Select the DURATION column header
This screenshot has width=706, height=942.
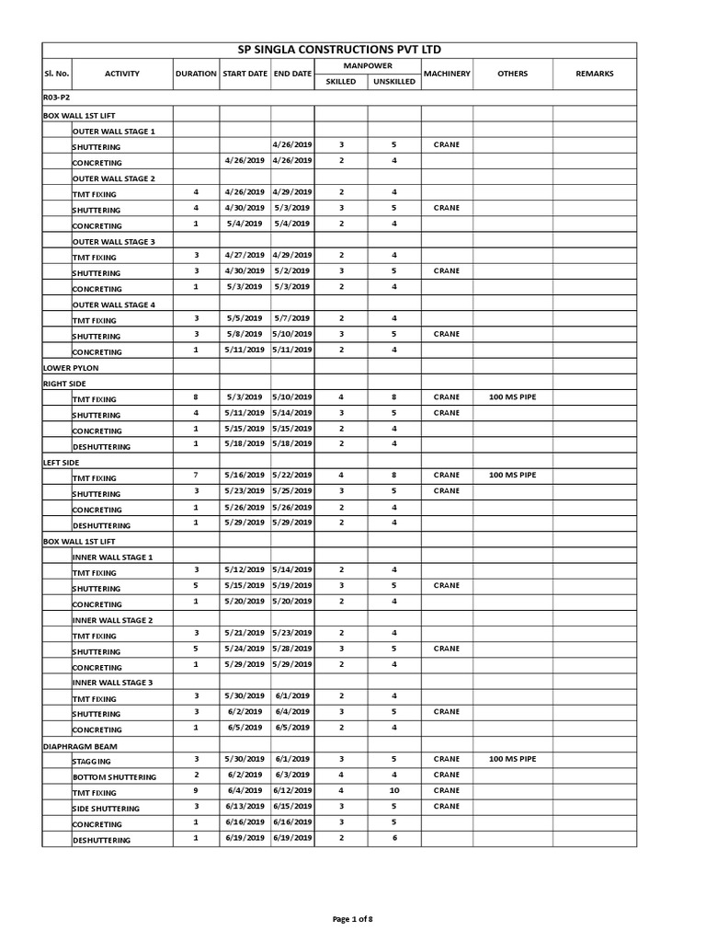(196, 74)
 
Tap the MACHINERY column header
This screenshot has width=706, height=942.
(447, 74)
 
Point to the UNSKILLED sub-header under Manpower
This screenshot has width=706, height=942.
(393, 82)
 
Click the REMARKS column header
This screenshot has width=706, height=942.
(594, 74)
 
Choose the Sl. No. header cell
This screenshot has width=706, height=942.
(56, 74)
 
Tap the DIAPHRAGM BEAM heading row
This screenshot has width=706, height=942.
(80, 746)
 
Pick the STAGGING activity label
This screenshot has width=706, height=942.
(92, 762)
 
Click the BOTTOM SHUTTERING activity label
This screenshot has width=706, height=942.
(114, 777)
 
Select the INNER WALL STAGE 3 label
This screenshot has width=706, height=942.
(112, 683)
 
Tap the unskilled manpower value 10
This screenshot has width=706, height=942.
(393, 791)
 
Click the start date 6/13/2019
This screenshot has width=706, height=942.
(245, 807)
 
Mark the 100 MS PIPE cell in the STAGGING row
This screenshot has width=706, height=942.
(512, 760)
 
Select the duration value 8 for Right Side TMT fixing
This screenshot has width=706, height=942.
(196, 397)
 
